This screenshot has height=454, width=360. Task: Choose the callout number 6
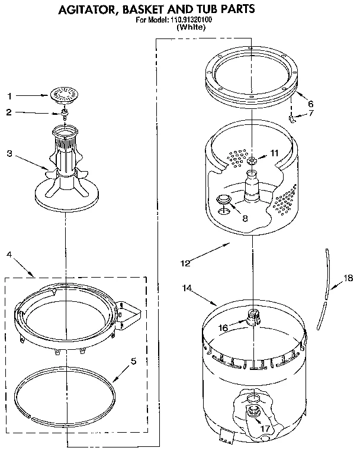coord(311,102)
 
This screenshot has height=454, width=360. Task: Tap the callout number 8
coord(245,217)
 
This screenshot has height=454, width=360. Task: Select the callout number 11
coord(274,152)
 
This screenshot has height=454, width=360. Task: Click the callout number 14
coord(187,288)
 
